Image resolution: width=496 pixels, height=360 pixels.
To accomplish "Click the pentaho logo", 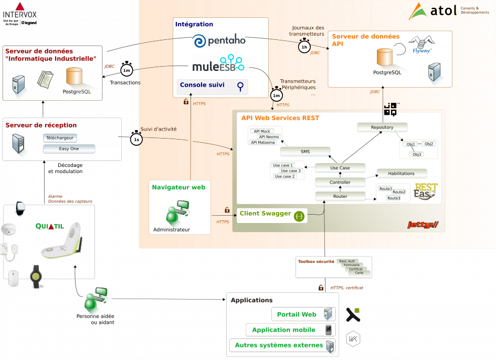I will [x=219, y=41].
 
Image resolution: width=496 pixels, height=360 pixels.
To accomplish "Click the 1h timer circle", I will [x=304, y=47].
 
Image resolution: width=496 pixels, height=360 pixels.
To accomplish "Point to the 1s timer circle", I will [x=136, y=140].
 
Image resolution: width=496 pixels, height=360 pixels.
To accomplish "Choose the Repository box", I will [x=382, y=128].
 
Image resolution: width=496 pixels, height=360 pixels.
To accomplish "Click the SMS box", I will [x=305, y=152].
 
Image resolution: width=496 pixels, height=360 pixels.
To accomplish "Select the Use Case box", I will [x=340, y=168].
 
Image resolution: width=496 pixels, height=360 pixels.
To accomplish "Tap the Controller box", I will [x=340, y=182].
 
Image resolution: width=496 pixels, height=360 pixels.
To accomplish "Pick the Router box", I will [x=340, y=196].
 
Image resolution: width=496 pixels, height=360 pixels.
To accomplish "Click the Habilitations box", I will [x=402, y=173].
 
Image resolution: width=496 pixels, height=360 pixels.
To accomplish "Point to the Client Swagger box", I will [x=272, y=215].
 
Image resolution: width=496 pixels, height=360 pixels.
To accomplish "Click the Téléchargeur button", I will [x=60, y=138].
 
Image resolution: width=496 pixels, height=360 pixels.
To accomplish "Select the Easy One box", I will [x=69, y=149].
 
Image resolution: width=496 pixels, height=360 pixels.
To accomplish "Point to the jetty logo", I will [x=423, y=225].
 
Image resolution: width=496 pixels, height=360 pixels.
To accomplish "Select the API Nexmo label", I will [x=269, y=137].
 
